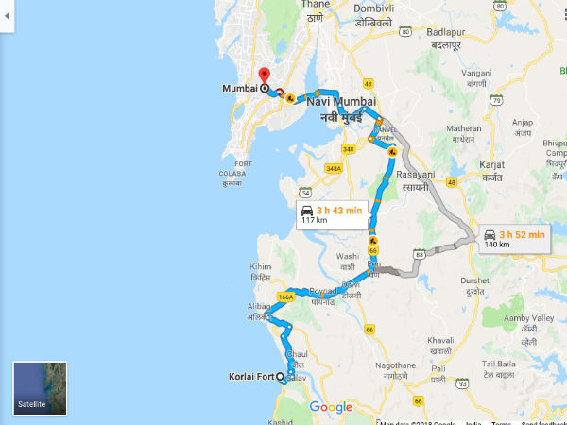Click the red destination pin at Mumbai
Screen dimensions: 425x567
tap(264, 76)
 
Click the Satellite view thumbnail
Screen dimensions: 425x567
tap(39, 387)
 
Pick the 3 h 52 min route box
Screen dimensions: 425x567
tap(513, 238)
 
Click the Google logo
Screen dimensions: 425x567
tap(330, 407)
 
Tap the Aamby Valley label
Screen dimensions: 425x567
tap(529, 319)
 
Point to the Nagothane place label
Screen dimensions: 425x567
tap(394, 365)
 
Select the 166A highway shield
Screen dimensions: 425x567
tap(286, 297)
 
